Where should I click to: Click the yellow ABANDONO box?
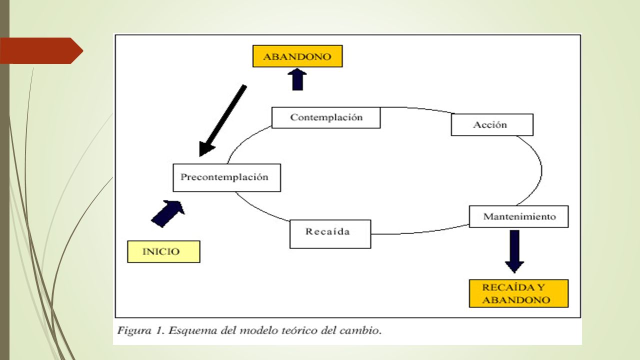click(297, 56)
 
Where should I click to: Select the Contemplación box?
click(326, 117)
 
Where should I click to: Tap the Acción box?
click(492, 125)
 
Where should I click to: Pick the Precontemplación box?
click(227, 177)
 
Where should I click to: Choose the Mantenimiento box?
click(519, 216)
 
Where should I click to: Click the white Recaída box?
click(330, 234)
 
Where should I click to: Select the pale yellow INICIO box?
click(163, 251)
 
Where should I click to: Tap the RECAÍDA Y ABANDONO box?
click(519, 293)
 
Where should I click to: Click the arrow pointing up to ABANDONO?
click(297, 79)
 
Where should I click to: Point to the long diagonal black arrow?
click(223, 120)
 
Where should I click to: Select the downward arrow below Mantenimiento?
click(514, 251)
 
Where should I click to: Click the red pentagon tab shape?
click(41, 51)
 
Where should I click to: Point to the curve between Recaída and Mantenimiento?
click(420, 231)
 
